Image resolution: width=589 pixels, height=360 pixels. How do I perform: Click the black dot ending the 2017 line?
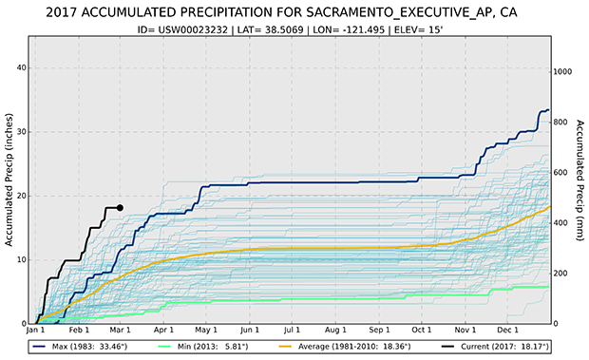[x=120, y=207]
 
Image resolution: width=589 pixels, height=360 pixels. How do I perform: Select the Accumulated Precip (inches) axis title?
[x=9, y=181]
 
